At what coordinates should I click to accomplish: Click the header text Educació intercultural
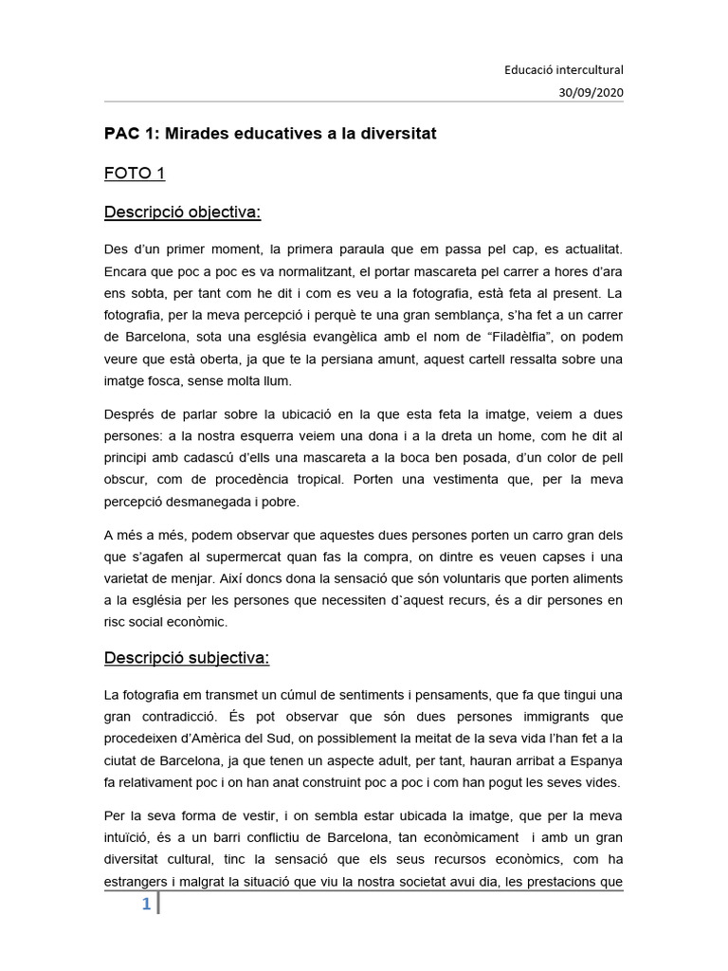[563, 69]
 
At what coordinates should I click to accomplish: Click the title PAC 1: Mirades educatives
[270, 134]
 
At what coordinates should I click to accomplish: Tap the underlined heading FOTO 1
[135, 174]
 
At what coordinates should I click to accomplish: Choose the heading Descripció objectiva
[182, 212]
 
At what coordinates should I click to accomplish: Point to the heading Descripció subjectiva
[187, 657]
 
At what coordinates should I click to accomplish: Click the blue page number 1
[146, 905]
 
